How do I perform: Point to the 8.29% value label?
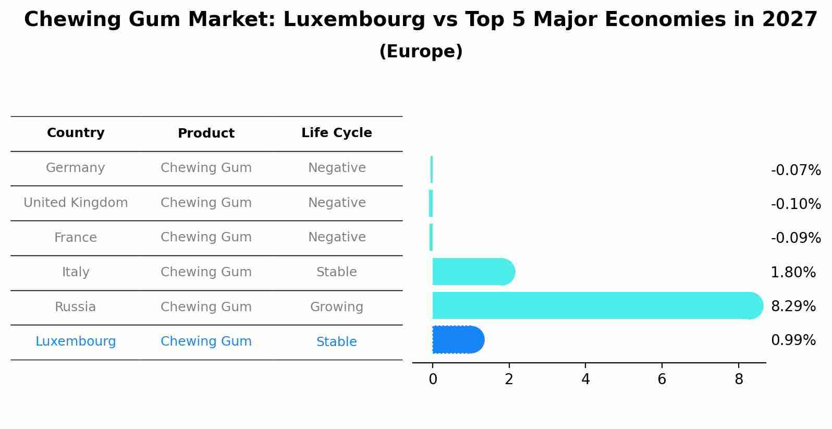(x=793, y=307)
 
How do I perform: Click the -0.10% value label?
(x=796, y=204)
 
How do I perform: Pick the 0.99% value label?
(x=793, y=340)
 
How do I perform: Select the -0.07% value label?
(x=796, y=170)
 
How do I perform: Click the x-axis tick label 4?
(x=585, y=379)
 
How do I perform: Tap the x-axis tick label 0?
(x=433, y=379)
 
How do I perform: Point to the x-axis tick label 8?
(x=739, y=379)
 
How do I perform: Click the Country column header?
(x=76, y=133)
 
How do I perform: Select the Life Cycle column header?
(x=336, y=133)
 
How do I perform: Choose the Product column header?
(x=206, y=133)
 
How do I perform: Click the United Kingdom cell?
(x=76, y=203)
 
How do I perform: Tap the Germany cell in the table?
(x=76, y=168)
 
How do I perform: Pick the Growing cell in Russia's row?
(x=336, y=307)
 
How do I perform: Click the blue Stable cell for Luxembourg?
(x=336, y=342)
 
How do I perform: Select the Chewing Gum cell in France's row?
(x=206, y=237)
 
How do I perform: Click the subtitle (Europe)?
(x=421, y=52)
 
